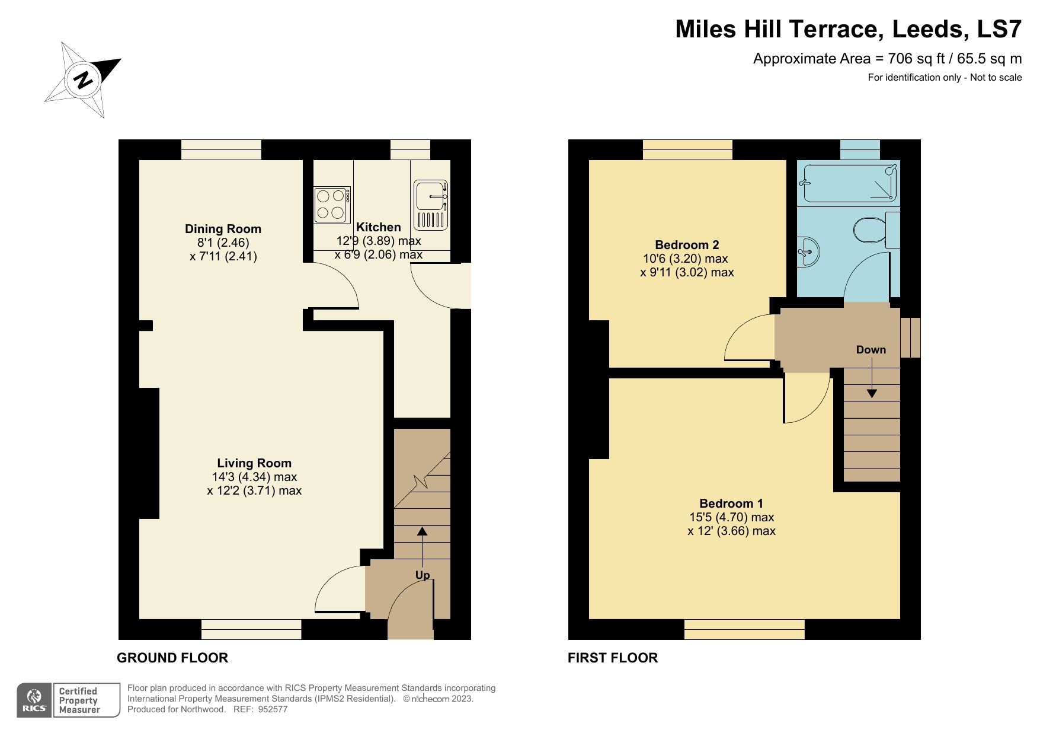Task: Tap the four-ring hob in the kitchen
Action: [331, 205]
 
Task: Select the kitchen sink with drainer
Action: [431, 205]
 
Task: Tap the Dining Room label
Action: [223, 229]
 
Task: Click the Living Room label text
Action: [254, 463]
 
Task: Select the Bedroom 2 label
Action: [686, 245]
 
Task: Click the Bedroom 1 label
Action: [731, 504]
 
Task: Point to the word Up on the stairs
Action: [422, 575]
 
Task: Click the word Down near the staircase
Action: [871, 350]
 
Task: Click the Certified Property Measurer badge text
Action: [79, 700]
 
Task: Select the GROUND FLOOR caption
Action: [172, 658]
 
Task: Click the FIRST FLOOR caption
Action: [612, 658]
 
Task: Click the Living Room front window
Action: [251, 629]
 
